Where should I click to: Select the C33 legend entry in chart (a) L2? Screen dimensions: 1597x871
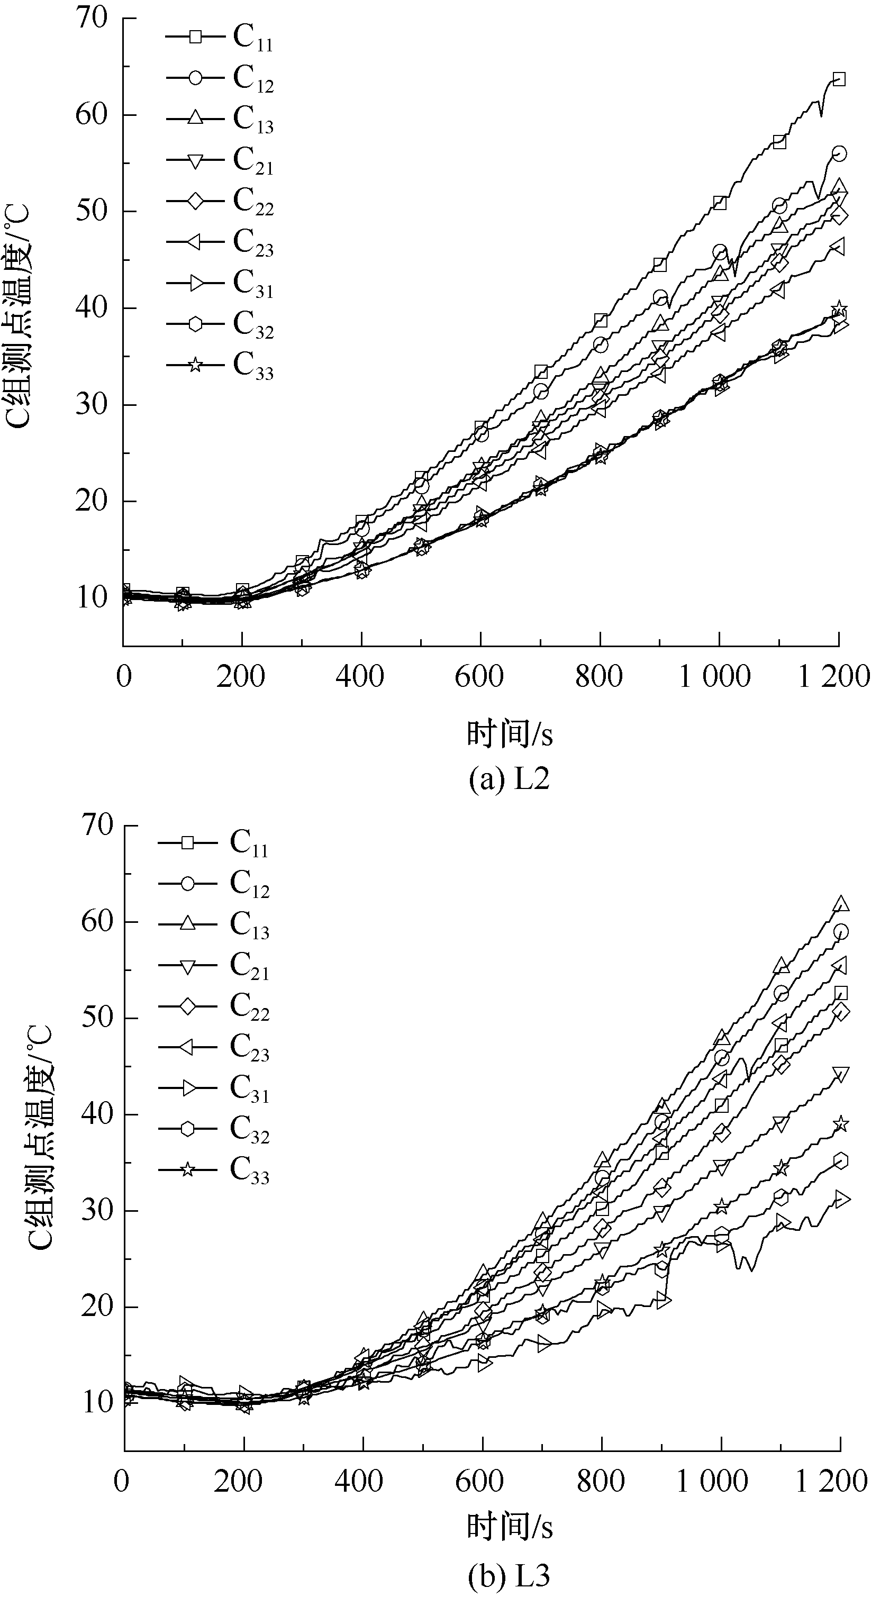(220, 365)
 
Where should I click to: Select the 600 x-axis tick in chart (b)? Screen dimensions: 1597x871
(479, 1482)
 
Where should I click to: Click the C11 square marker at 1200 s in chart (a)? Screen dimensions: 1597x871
(839, 79)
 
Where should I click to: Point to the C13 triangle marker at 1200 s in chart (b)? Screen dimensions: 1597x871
(841, 904)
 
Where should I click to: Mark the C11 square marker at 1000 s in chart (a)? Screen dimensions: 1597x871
(720, 203)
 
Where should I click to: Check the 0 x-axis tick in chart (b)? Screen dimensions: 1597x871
(123, 1482)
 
